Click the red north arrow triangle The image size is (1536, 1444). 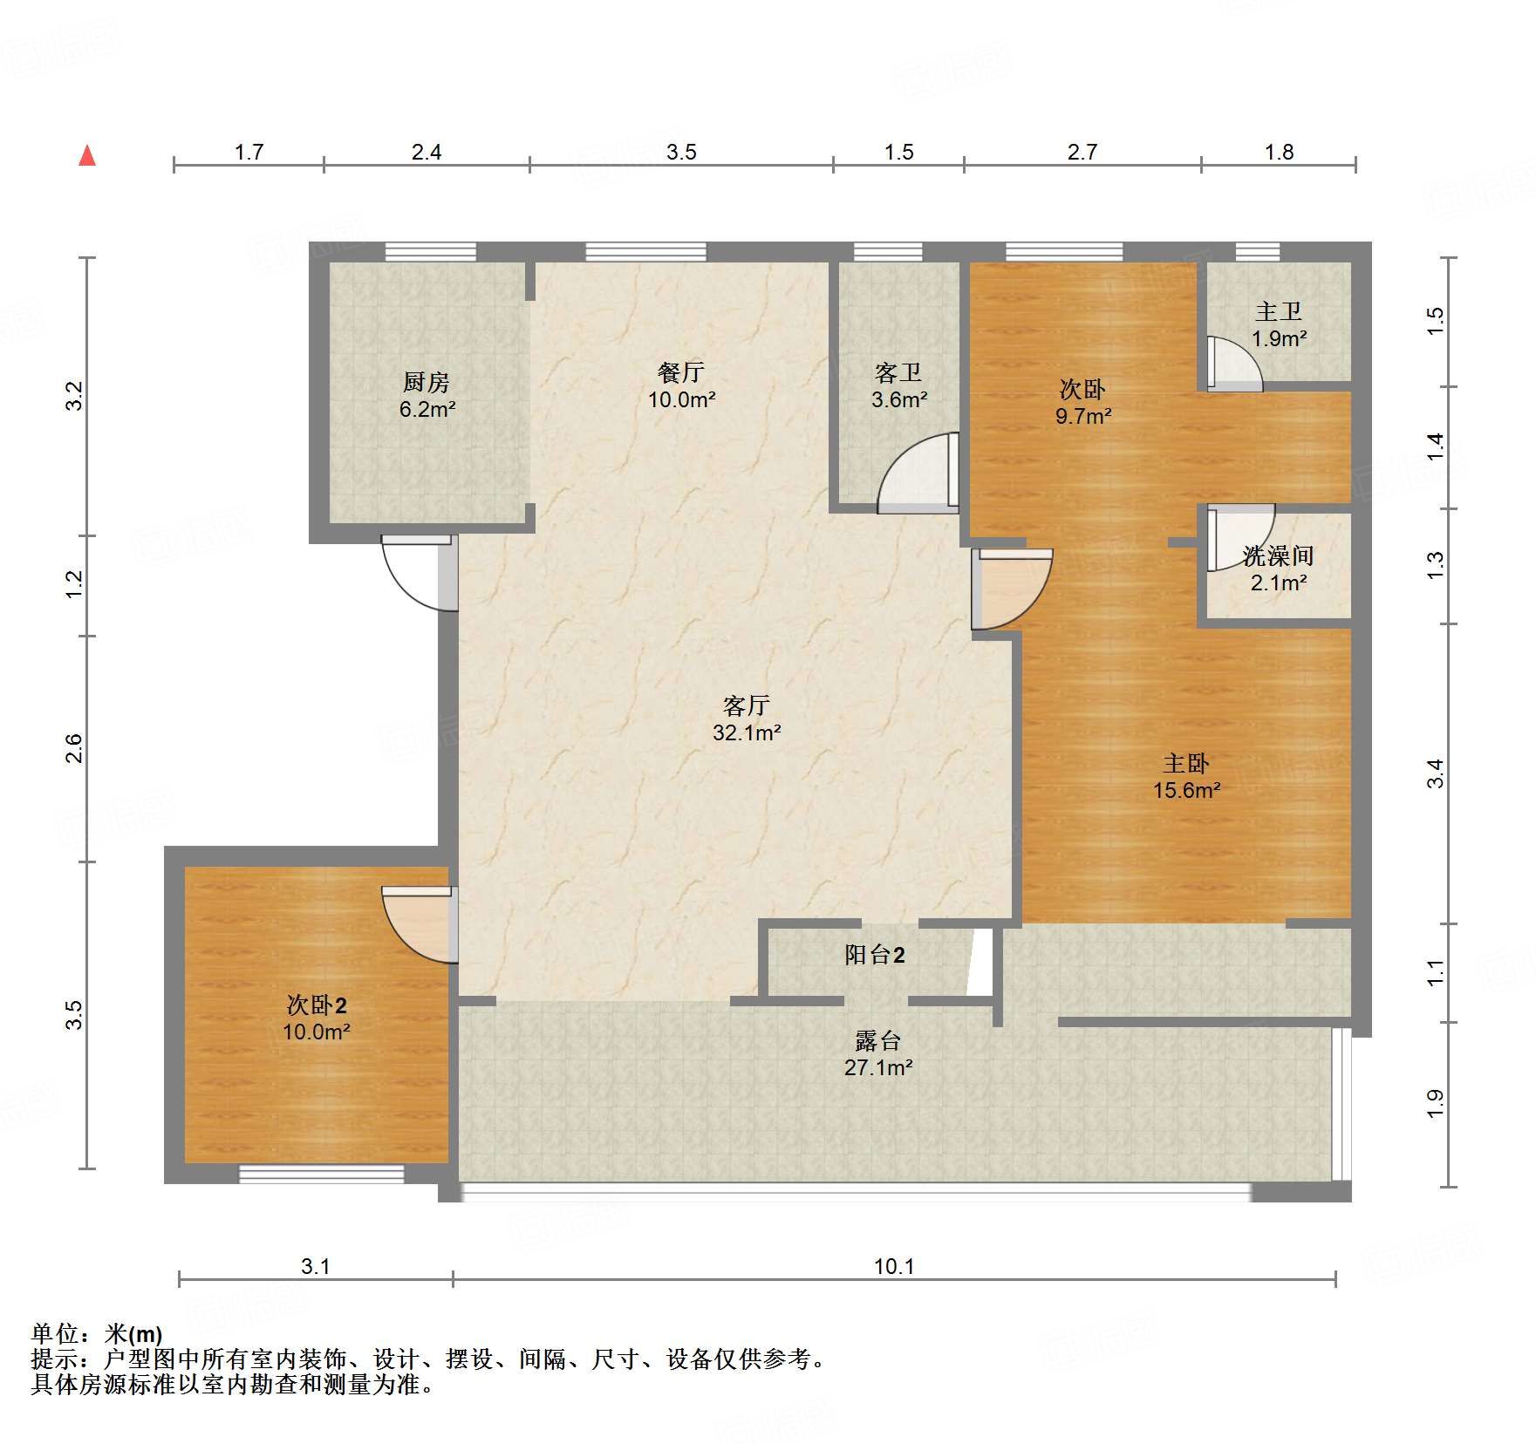87,155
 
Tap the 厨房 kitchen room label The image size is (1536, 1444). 427,382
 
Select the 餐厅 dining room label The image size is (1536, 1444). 681,372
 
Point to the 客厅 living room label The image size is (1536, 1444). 747,705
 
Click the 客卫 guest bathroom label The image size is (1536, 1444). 898,373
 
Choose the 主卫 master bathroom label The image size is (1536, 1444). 1279,311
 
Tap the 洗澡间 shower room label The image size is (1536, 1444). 1279,555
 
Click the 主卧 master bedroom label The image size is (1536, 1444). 1186,764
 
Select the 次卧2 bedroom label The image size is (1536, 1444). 317,1005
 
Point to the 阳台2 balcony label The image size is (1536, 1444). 875,955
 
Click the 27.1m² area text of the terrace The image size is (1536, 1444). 878,1067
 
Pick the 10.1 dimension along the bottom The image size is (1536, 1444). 894,1266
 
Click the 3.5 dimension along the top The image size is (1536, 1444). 681,152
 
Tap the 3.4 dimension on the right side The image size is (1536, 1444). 1435,773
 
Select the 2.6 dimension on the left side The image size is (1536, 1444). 74,749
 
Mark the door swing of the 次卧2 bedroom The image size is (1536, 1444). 420,925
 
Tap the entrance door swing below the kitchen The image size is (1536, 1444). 420,573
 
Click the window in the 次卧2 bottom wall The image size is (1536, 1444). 322,1174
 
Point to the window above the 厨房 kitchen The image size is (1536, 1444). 431,252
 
